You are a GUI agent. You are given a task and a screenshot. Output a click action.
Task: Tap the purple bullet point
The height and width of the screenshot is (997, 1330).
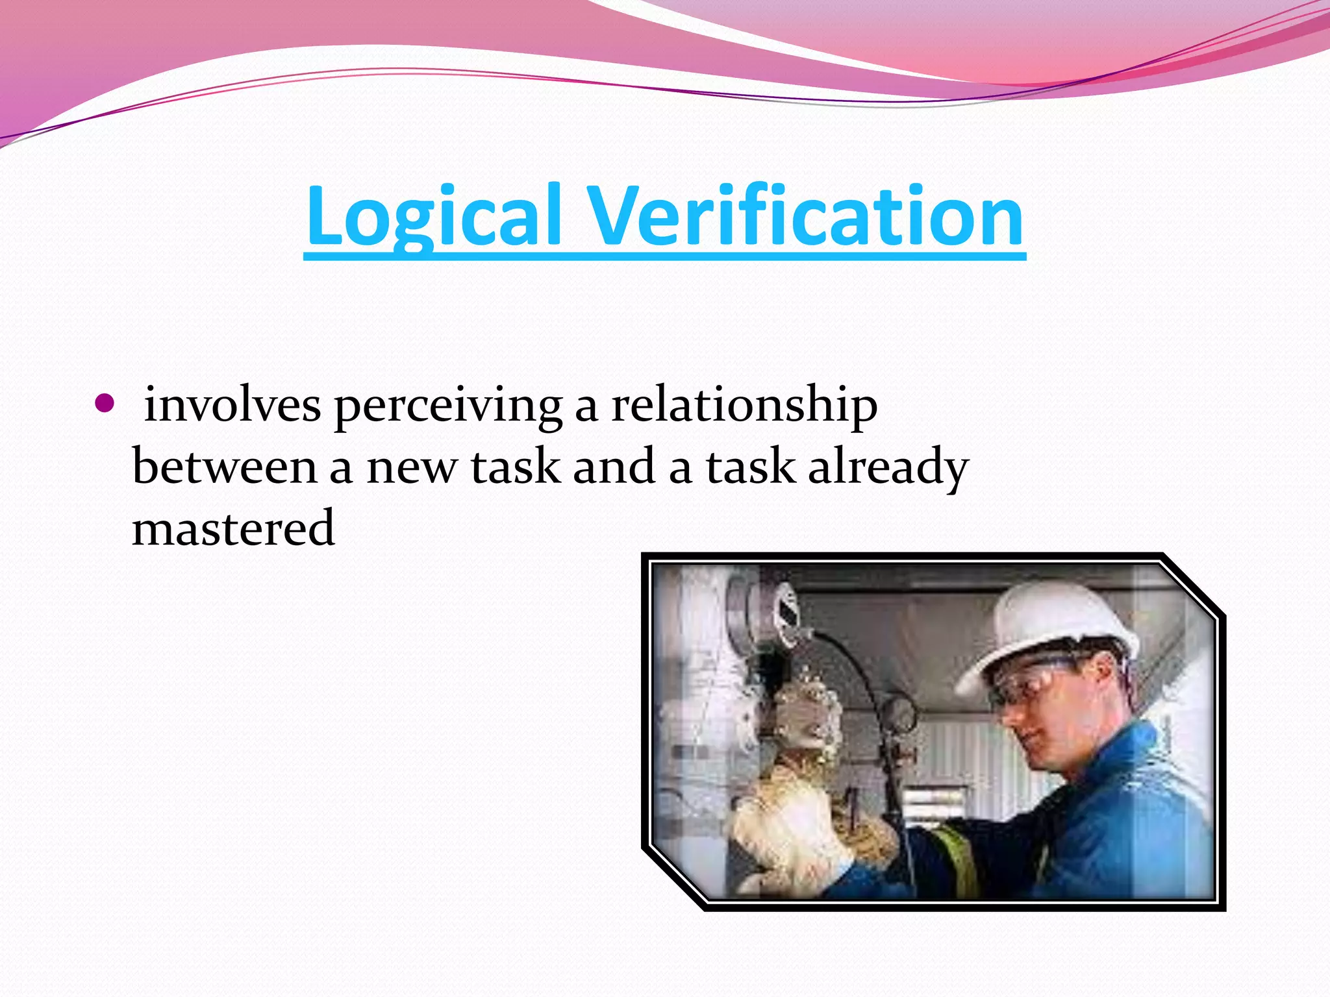pyautogui.click(x=104, y=404)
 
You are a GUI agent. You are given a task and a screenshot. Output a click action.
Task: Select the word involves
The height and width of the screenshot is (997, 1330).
pyautogui.click(x=232, y=405)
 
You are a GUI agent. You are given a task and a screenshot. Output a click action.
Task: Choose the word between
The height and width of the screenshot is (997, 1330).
pyautogui.click(x=225, y=467)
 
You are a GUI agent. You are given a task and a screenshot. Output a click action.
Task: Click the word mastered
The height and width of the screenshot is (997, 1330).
pyautogui.click(x=234, y=528)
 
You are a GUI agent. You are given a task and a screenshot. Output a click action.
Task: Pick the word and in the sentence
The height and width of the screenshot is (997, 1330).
pyautogui.click(x=614, y=467)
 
